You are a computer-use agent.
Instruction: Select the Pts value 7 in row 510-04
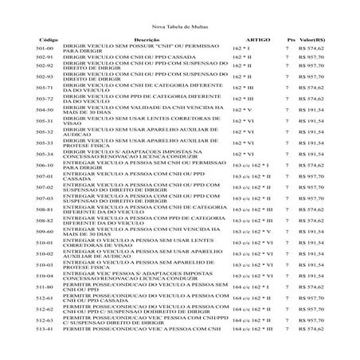pyautogui.click(x=286, y=275)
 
